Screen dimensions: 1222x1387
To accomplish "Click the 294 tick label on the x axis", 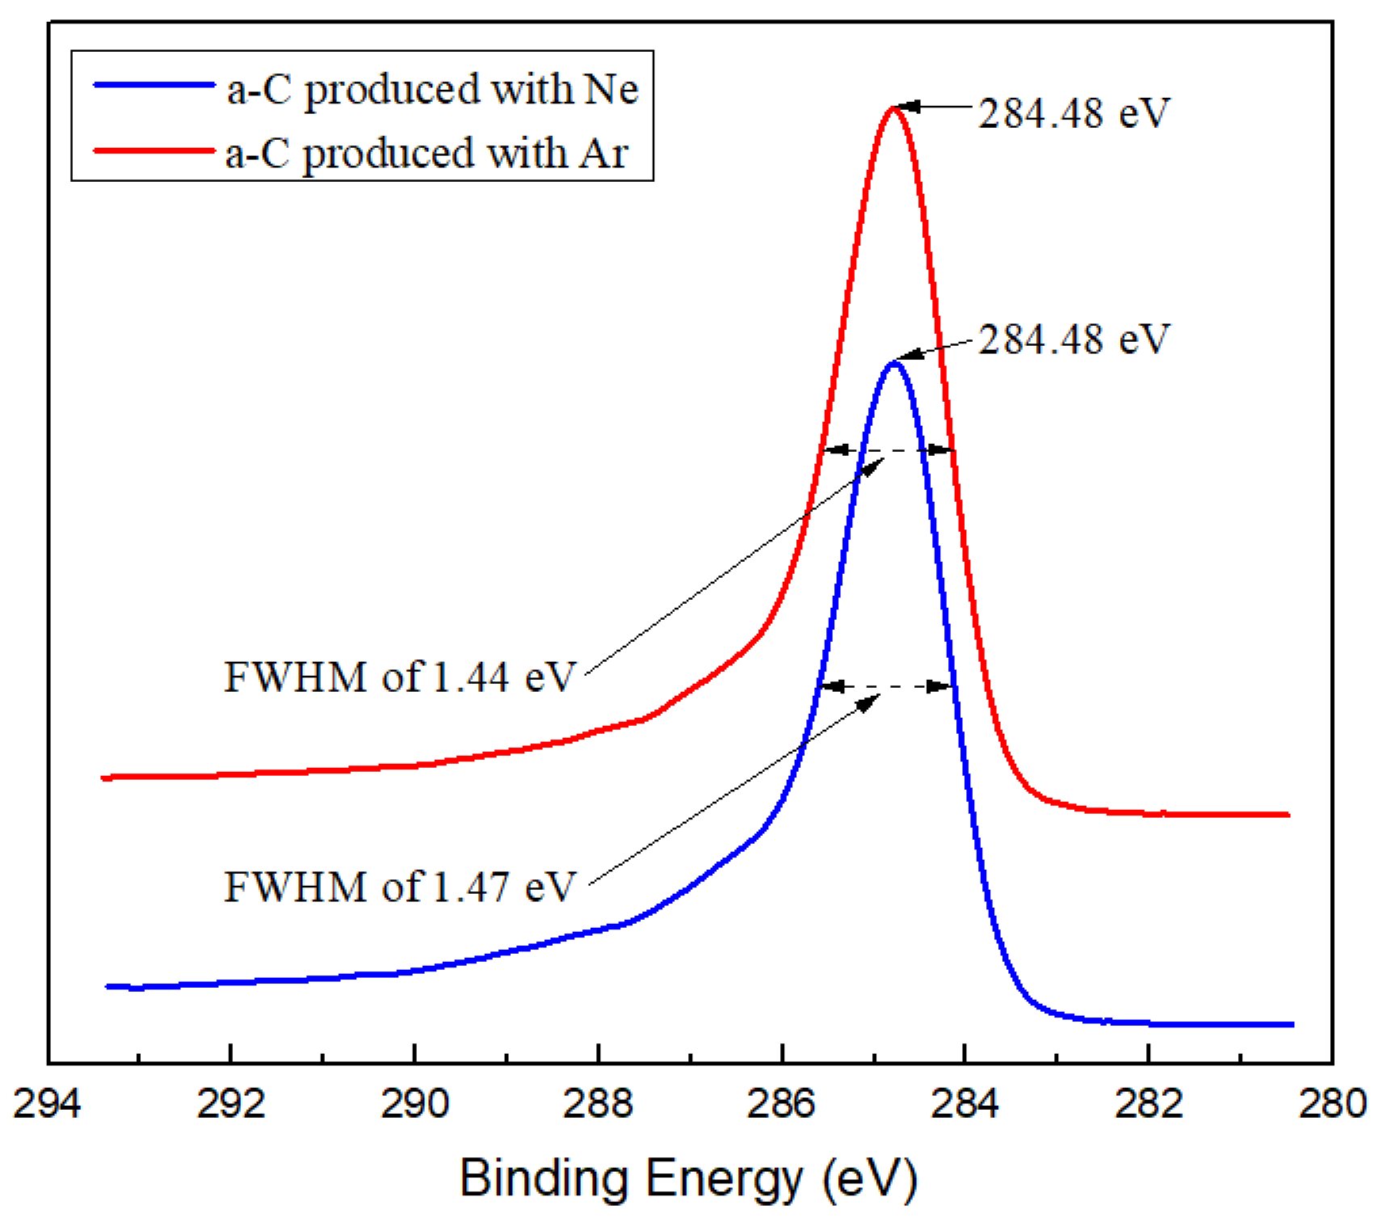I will pos(47,1104).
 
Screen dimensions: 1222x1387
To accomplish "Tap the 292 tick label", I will pos(231,1104).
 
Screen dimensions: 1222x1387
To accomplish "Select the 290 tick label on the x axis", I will pos(414,1104).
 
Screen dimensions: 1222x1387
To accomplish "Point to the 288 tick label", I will pos(598,1104).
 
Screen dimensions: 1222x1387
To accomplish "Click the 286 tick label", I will pos(781,1104).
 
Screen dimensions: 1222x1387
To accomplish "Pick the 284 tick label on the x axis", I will pos(965,1104).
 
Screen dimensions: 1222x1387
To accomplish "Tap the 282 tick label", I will pos(1148,1104).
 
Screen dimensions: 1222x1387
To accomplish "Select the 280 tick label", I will pos(1332,1104).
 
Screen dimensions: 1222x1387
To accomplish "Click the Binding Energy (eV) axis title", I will pos(688,1178).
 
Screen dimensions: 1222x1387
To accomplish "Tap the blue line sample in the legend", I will pos(153,84).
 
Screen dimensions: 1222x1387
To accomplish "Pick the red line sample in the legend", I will pos(153,150).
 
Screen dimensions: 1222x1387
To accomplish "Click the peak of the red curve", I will pos(893,108).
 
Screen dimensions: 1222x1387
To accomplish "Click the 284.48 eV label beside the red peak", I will pos(1074,112).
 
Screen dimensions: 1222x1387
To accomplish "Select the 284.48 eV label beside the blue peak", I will pos(1074,339).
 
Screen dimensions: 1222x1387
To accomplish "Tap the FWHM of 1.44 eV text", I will pos(399,676).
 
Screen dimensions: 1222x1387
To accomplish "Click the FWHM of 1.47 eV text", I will pos(399,887).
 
